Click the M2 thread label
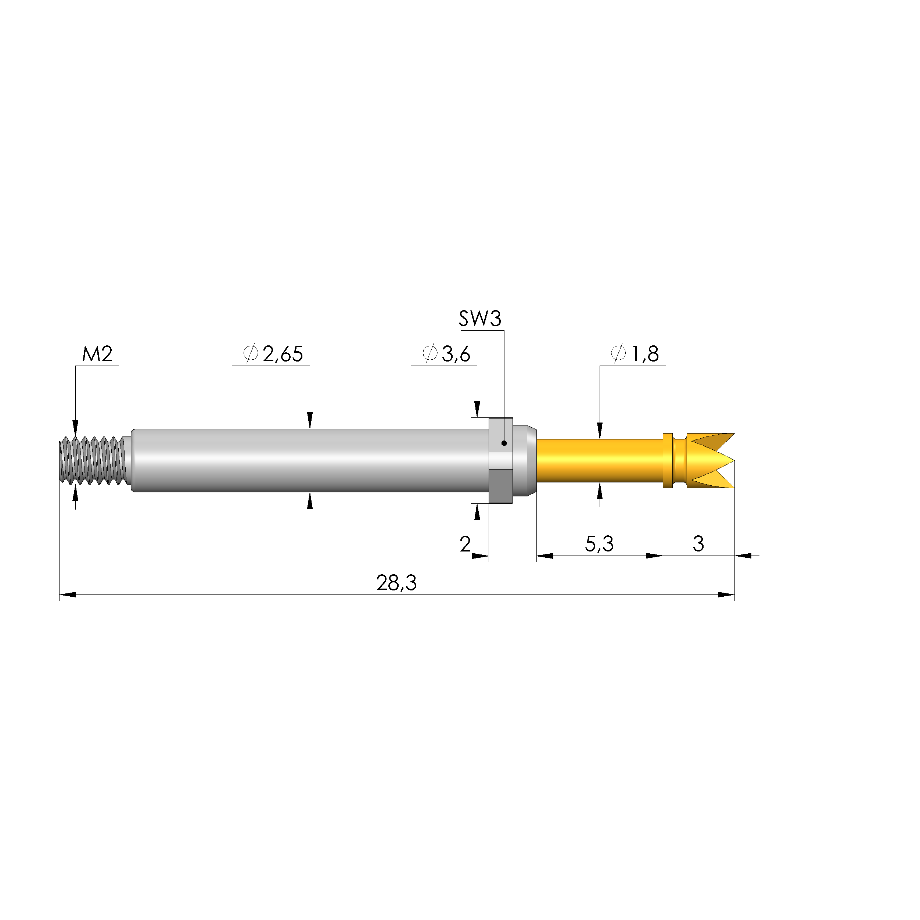pos(97,354)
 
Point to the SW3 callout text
pos(479,319)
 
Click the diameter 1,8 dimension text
pos(635,354)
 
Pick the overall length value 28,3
pos(396,583)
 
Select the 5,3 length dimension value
pos(599,544)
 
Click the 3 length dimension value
pos(698,544)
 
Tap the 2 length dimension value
pos(465,544)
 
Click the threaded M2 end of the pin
pos(93,460)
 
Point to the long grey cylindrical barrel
pos(309,460)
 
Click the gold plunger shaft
pos(599,460)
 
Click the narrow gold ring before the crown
pos(668,460)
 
